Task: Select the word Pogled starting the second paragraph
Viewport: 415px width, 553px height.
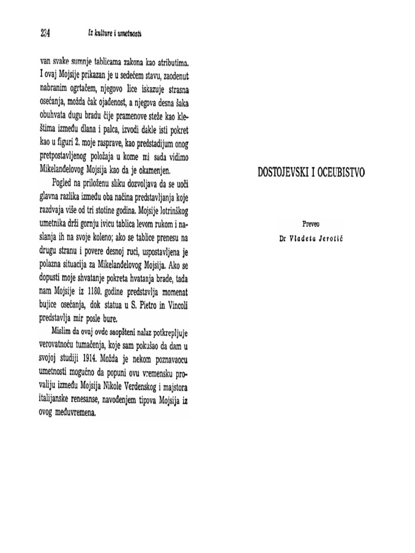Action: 67,184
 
